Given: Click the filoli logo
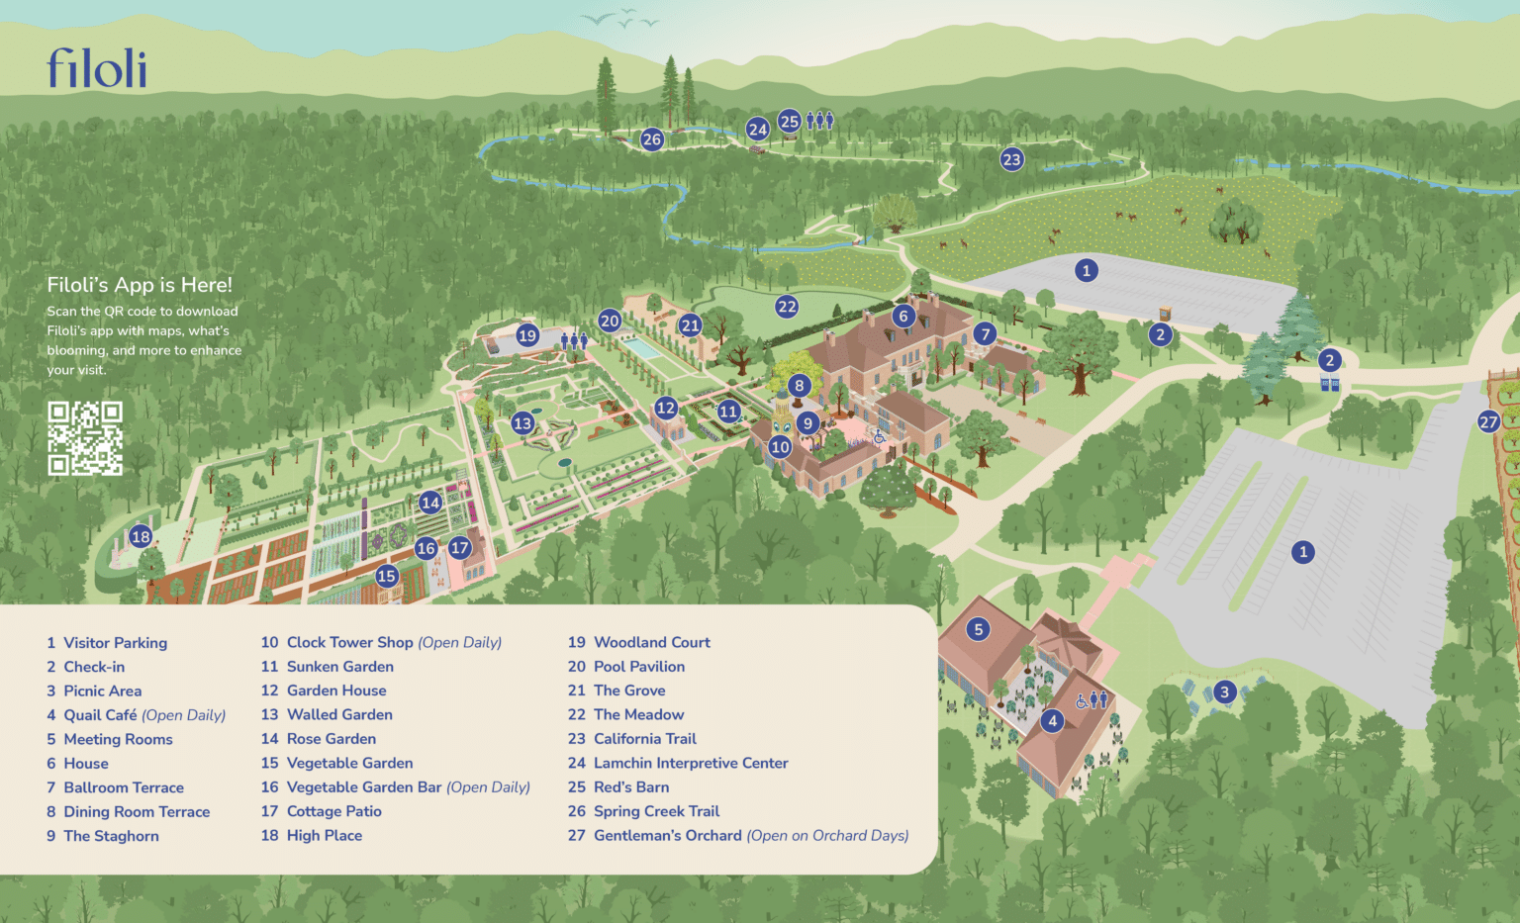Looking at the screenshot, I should pos(97,68).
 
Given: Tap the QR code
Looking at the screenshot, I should pos(85,437).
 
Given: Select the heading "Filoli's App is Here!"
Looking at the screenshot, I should pos(140,285).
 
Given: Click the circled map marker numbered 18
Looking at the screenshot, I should pos(141,536).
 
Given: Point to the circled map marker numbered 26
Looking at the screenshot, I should pos(651,139).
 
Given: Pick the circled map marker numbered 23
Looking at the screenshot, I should pos(1011,159).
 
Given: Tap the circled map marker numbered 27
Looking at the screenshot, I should pos(1488,422).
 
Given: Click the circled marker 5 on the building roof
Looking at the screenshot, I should pos(978,629).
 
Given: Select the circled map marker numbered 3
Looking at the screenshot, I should pos(1224,692).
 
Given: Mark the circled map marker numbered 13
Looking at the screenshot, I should pos(522,423).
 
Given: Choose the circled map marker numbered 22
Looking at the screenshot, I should pos(787,307).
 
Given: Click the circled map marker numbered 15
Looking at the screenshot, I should pos(386,576).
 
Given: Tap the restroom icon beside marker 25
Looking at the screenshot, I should pos(819,121).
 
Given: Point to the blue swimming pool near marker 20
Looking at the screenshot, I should pos(644,349).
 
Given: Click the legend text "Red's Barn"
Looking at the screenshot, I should pos(631,787).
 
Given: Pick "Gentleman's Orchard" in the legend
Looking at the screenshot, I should pos(667,836).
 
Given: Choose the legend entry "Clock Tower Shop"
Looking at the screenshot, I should pos(349,643).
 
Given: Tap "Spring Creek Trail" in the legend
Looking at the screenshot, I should pos(656,811).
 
